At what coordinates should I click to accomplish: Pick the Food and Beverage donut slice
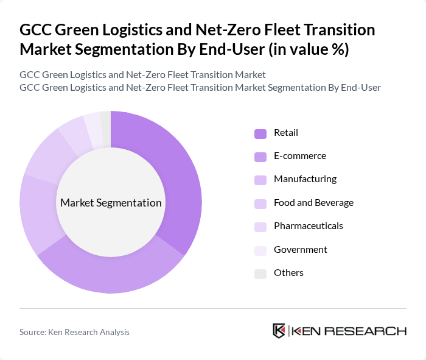(x=46, y=152)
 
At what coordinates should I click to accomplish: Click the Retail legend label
(x=286, y=133)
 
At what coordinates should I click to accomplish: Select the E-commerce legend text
(x=299, y=156)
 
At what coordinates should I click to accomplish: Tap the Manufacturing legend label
(x=305, y=179)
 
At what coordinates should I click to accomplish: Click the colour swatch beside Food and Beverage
(x=260, y=203)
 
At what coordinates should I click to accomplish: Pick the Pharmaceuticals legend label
(x=308, y=226)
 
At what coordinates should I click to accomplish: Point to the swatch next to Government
(x=260, y=250)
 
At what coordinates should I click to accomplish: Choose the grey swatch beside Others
(x=260, y=273)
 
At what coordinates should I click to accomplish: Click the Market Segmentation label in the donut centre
(x=111, y=203)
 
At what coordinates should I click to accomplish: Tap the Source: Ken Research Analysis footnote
(x=74, y=332)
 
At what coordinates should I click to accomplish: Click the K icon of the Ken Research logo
(x=279, y=331)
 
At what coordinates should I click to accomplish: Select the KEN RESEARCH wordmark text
(x=349, y=331)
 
